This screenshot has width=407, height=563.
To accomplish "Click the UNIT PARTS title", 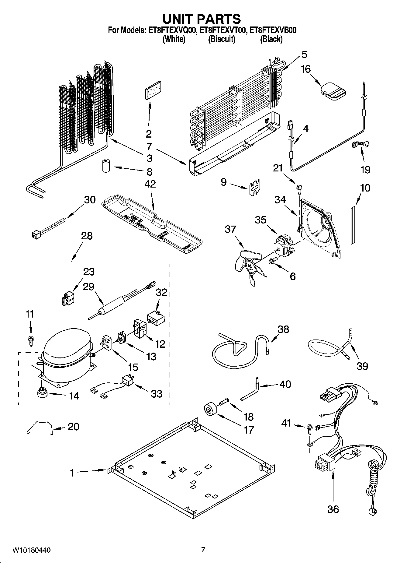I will point(202,19).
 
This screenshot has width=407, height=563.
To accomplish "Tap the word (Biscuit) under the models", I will point(222,39).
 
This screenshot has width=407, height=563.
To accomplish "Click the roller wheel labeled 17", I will point(209,409).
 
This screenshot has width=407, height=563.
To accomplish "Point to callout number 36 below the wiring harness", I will point(333,509).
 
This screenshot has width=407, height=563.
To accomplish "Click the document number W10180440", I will point(31,550).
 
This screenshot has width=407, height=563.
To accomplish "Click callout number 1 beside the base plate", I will point(72,473).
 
